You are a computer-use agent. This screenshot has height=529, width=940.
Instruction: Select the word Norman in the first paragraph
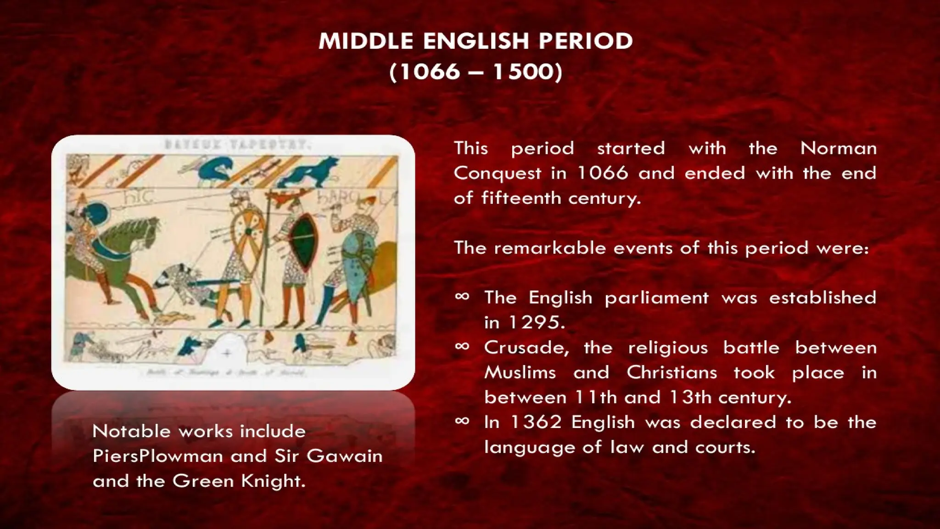(838, 148)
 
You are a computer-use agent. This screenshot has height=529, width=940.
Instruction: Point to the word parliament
(656, 298)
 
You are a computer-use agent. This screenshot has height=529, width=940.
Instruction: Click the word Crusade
(526, 348)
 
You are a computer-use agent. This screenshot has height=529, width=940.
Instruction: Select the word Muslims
(520, 372)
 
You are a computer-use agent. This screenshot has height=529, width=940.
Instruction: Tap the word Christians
(671, 372)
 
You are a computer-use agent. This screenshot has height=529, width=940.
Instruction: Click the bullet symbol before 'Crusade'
(462, 346)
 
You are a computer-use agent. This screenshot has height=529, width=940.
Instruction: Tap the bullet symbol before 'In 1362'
(462, 421)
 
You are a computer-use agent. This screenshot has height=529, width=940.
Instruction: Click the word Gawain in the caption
(344, 456)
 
